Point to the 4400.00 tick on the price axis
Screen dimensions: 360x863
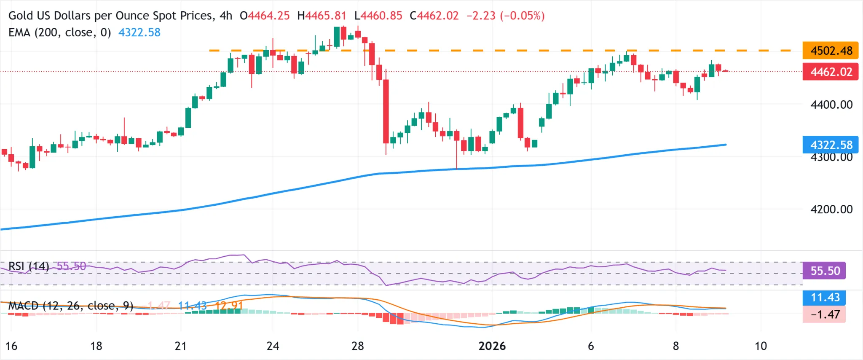[831, 105]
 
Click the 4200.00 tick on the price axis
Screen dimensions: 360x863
[831, 209]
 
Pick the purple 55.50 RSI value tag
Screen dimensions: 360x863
[823, 271]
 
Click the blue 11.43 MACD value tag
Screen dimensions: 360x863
[823, 297]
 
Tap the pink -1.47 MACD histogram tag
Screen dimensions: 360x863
[823, 314]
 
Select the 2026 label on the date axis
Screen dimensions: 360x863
[492, 346]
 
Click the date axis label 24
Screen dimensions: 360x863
[273, 346]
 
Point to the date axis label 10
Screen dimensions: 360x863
[760, 346]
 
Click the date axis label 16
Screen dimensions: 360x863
[11, 346]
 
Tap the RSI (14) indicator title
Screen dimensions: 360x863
[29, 266]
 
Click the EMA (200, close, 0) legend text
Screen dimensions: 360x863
[59, 32]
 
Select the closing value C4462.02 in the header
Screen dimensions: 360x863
[434, 16]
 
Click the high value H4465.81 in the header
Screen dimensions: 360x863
[322, 16]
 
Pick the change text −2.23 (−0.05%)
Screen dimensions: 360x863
[505, 16]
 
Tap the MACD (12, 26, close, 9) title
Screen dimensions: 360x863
[71, 306]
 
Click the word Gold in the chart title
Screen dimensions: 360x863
[20, 16]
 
